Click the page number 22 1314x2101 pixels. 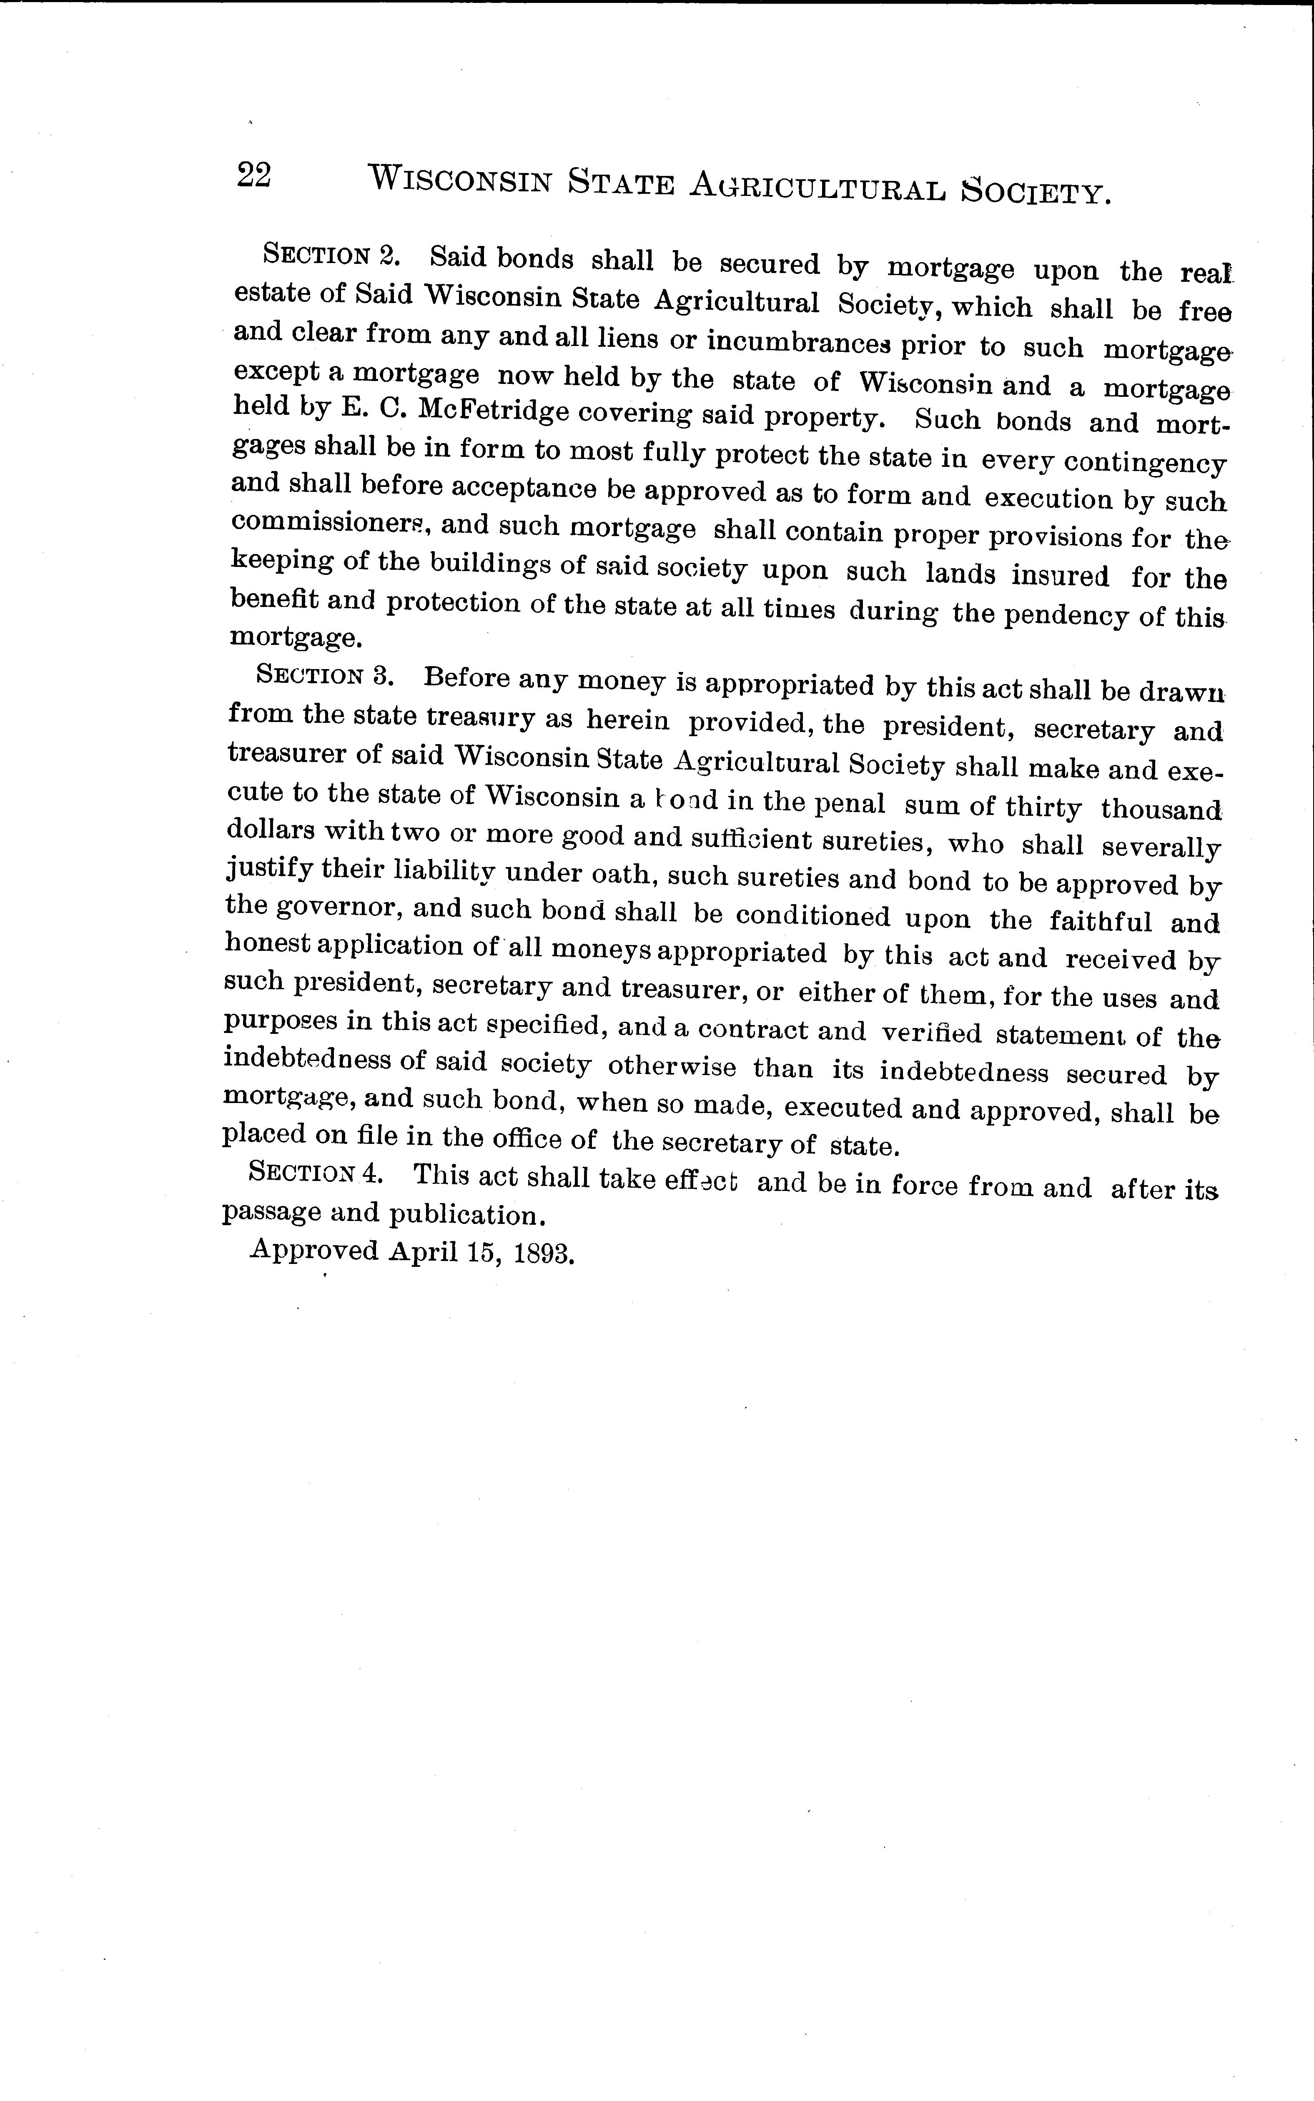coord(254,176)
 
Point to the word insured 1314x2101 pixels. coord(1059,575)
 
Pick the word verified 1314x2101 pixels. coord(931,1033)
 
